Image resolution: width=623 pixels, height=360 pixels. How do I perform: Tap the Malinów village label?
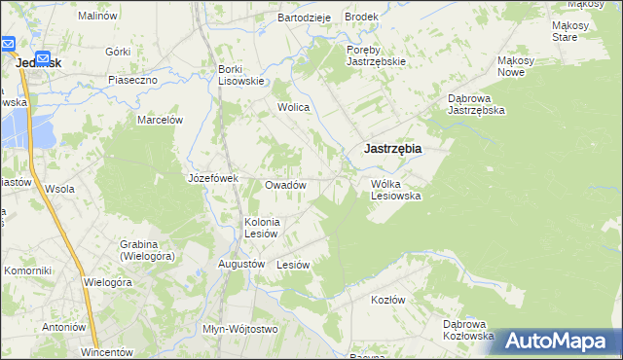coord(97,17)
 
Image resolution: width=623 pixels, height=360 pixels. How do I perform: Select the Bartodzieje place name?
coord(305,18)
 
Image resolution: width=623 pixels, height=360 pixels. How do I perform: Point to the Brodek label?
coord(361,18)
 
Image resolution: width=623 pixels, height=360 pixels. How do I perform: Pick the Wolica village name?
coord(293,107)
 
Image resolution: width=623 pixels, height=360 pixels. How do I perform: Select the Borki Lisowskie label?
coord(241,75)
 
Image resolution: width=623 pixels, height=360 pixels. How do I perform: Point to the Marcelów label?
coord(161,120)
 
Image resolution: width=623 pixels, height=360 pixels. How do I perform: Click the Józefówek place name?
coord(213,178)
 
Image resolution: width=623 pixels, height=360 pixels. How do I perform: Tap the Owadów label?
coord(286,185)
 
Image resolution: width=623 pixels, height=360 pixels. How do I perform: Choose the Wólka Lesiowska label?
coord(395,190)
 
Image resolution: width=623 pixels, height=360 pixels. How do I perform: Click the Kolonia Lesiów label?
coord(262,227)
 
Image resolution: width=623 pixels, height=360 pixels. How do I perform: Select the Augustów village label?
coord(241,264)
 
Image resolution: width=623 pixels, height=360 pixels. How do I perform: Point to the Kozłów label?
coord(387,300)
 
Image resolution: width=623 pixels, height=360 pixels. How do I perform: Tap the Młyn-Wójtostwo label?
coord(240,329)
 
